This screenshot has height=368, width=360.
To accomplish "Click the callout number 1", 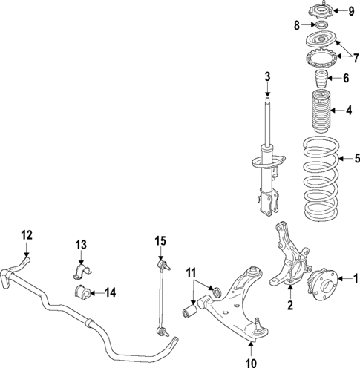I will [x=354, y=279].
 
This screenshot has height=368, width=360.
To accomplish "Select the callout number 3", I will [x=267, y=76].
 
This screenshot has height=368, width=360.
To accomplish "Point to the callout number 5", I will [x=349, y=178].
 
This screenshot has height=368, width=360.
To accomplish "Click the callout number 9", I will [x=353, y=10].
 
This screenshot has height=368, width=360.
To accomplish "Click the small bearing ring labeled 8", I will [x=321, y=26].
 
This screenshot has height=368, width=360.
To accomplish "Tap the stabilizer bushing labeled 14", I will [x=81, y=291].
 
